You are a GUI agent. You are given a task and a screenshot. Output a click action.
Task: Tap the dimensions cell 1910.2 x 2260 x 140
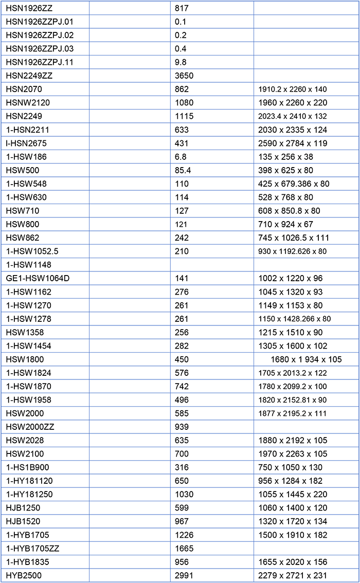click(292, 89)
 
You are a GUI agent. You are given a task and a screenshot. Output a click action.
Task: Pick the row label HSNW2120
click(28, 103)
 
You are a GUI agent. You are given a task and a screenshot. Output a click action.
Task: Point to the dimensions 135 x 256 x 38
click(285, 157)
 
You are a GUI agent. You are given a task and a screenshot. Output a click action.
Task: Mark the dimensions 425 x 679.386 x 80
click(294, 184)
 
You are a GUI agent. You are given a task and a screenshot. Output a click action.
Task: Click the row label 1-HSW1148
click(29, 265)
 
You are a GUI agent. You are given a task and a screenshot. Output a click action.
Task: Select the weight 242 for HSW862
click(182, 238)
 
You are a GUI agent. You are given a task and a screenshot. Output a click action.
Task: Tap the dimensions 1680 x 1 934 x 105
click(306, 359)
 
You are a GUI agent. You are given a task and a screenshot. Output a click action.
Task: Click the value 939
click(182, 427)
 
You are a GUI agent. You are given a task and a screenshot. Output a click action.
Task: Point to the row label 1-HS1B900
click(28, 467)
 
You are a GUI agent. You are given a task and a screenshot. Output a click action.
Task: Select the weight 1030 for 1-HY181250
click(185, 494)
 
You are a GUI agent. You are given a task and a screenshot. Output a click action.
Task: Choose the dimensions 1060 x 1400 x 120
click(293, 508)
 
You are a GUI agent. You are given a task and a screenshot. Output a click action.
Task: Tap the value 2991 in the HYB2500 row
click(185, 575)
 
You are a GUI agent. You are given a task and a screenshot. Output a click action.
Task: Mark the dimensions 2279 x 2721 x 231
click(293, 575)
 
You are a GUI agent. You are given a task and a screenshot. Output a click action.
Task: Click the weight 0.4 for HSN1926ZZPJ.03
click(181, 49)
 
